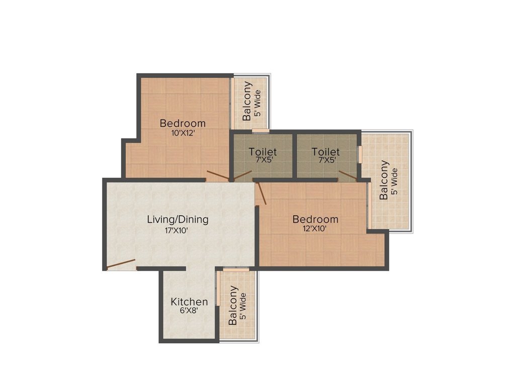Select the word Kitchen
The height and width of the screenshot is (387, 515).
click(x=189, y=302)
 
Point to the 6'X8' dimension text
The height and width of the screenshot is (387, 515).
click(x=189, y=311)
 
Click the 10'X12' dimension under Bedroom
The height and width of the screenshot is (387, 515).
click(x=183, y=134)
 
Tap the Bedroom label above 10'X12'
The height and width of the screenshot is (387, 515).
click(x=183, y=123)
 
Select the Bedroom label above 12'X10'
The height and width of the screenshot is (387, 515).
click(x=315, y=220)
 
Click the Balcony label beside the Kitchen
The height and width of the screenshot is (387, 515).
click(x=233, y=305)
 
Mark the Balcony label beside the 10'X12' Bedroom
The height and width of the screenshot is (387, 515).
click(x=247, y=101)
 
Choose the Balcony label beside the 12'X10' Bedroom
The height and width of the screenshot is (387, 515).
click(x=384, y=180)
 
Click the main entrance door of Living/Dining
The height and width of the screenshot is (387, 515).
click(x=121, y=264)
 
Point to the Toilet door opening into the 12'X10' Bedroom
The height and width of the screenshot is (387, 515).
click(x=348, y=175)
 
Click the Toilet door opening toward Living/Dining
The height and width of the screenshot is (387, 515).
click(x=242, y=175)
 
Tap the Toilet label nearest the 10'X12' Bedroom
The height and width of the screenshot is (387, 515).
click(x=263, y=152)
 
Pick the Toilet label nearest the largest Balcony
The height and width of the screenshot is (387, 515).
click(x=325, y=152)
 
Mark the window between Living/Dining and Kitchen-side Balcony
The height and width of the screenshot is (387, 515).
click(x=233, y=270)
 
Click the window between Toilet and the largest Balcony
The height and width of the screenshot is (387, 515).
click(x=359, y=154)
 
